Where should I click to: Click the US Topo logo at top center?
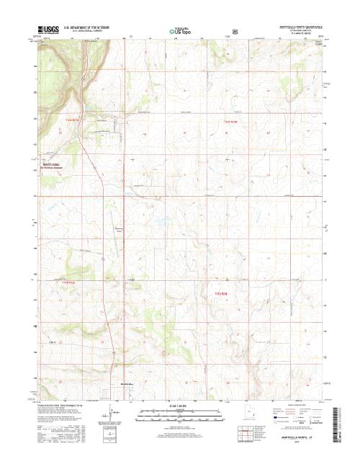click(180, 32)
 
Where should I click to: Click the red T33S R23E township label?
click(68, 283)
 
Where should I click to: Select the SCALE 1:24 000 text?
click(181, 407)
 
